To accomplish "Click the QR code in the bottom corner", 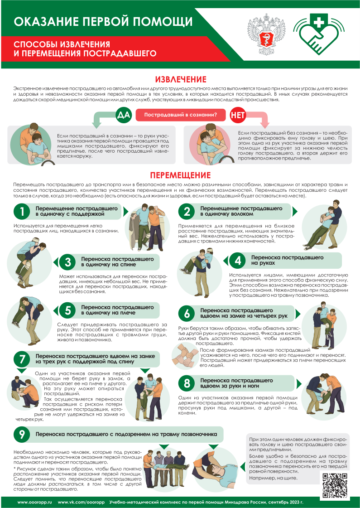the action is (x=335, y=484).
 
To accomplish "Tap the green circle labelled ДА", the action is (x=124, y=115).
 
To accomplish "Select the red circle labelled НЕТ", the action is (x=238, y=115).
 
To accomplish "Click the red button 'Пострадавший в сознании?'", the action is (x=180, y=115).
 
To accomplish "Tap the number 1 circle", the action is (x=22, y=211).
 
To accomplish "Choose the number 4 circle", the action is (x=238, y=261).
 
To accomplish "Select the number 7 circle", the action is (x=22, y=359).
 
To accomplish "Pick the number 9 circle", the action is (x=22, y=435).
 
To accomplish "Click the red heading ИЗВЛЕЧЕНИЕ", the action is (x=180, y=79).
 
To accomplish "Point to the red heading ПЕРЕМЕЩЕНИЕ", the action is (x=180, y=175).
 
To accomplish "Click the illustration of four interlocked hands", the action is (x=185, y=357).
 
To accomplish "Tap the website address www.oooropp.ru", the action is (x=34, y=502).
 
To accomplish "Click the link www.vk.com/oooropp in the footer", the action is (x=81, y=502).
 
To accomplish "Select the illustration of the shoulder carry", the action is (x=27, y=321).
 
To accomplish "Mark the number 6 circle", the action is (x=187, y=313).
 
